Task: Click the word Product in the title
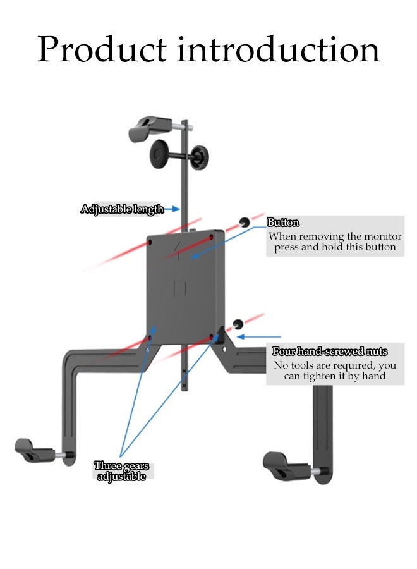[102, 50]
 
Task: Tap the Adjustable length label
[122, 209]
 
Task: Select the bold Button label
[283, 223]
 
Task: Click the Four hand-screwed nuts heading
[330, 352]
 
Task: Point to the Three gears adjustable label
[121, 471]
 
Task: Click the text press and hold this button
[335, 247]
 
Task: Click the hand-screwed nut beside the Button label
[243, 221]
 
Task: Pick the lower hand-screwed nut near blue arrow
[238, 324]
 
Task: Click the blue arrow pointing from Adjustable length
[172, 209]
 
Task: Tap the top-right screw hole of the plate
[211, 238]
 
